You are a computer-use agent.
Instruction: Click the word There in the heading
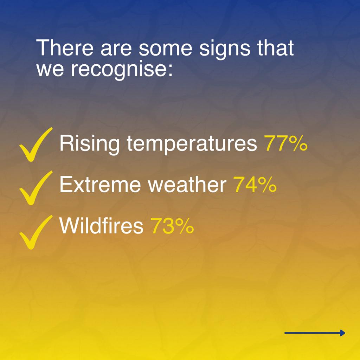click(65, 48)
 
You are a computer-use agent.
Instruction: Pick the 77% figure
click(285, 143)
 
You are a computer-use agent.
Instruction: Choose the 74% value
click(255, 185)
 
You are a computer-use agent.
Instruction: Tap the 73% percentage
click(172, 226)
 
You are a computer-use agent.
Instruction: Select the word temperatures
click(192, 144)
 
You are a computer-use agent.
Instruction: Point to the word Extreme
click(100, 185)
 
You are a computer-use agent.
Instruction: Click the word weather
click(187, 185)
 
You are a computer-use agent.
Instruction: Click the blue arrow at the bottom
click(315, 333)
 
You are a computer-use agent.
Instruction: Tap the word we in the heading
click(50, 70)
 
